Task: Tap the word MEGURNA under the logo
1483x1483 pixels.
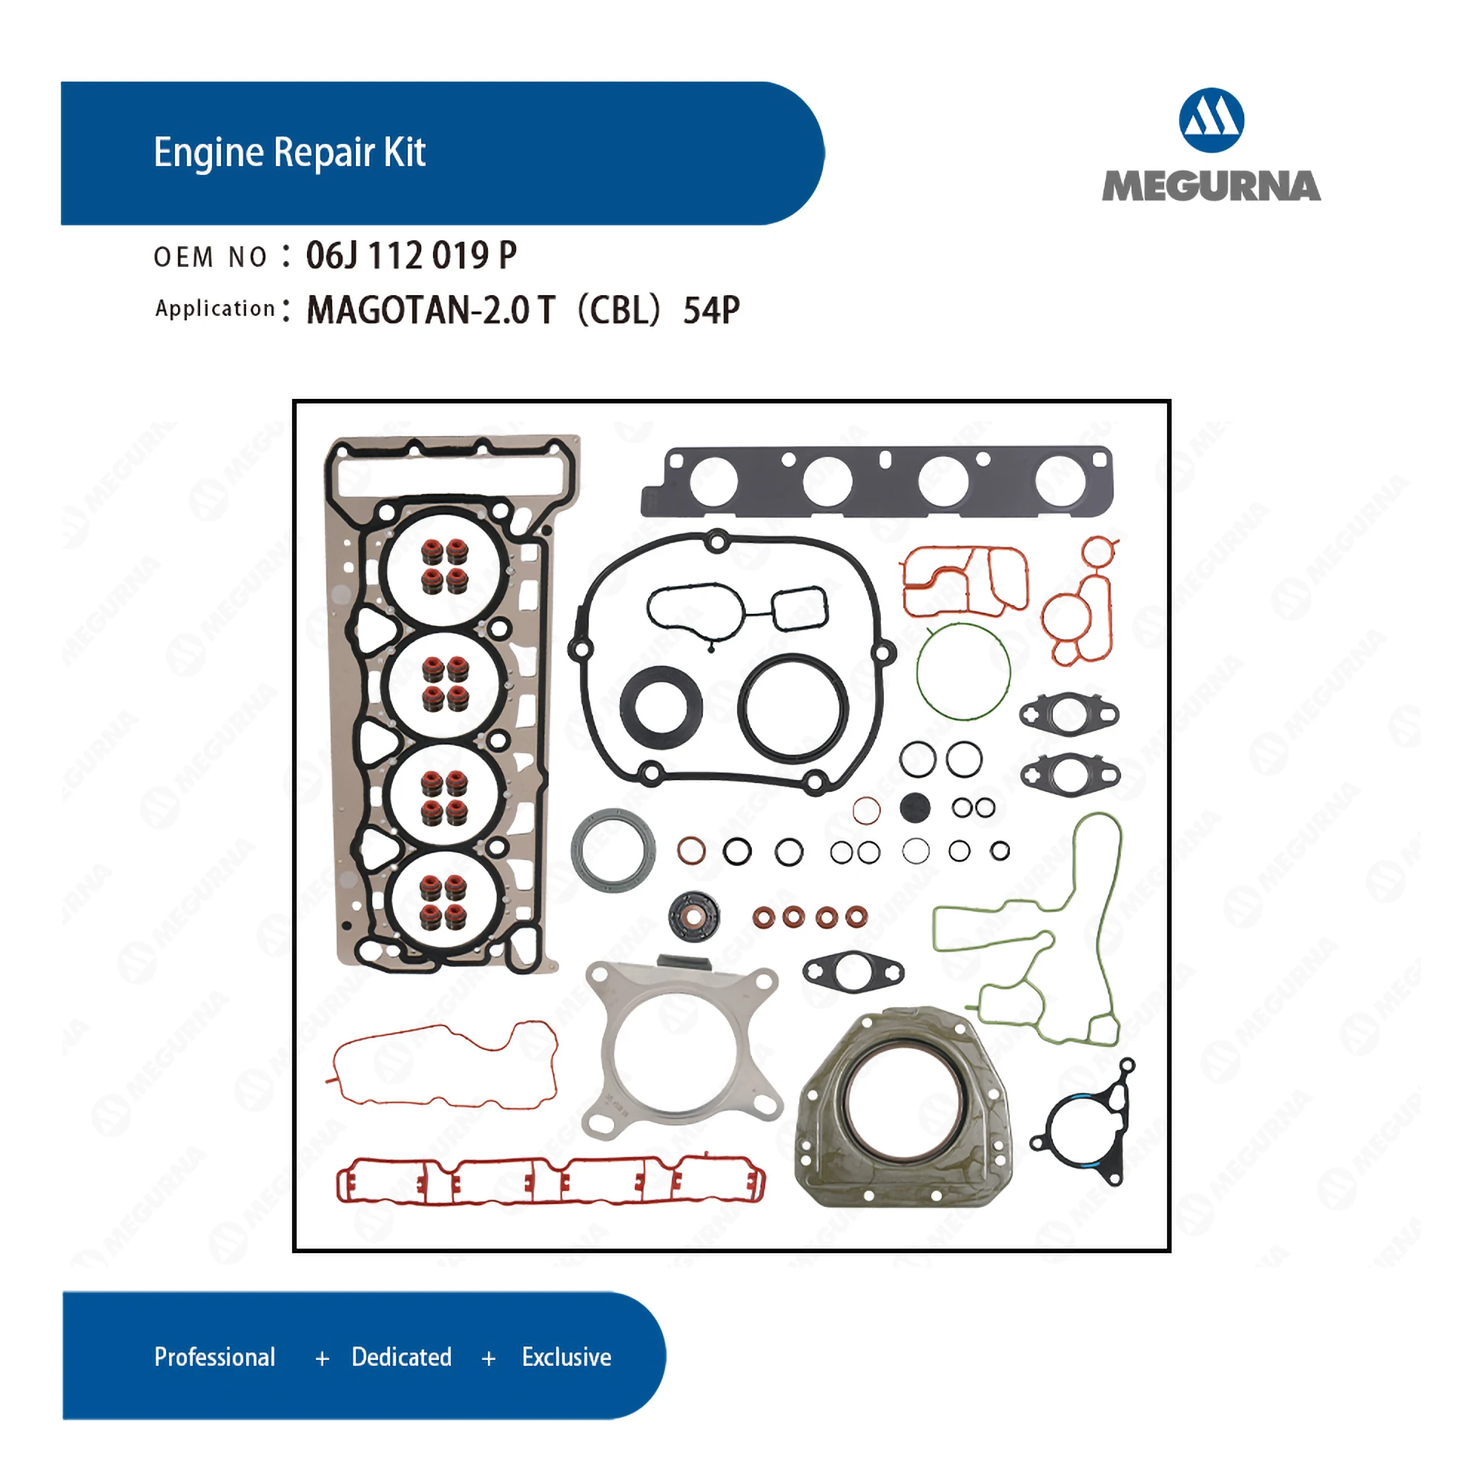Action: [1211, 187]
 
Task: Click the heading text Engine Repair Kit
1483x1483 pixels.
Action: [289, 152]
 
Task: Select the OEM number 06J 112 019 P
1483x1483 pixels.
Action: [411, 256]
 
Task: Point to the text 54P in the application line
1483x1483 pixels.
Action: [711, 310]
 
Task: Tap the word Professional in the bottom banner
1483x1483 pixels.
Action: [214, 1356]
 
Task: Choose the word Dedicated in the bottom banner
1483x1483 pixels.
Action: [401, 1356]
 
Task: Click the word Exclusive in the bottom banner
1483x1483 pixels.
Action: [567, 1356]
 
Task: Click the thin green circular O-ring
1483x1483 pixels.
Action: [963, 672]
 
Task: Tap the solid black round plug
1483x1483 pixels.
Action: [914, 807]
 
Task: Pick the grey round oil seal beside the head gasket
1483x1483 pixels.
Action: [612, 850]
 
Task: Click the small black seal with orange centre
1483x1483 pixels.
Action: [694, 916]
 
